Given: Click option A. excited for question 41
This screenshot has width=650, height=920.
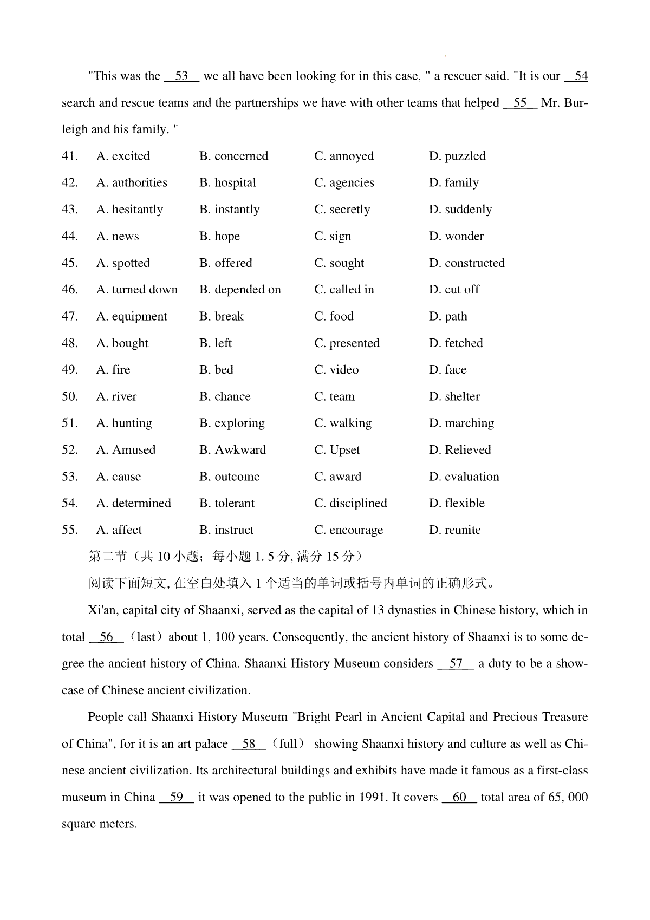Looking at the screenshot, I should [x=123, y=156].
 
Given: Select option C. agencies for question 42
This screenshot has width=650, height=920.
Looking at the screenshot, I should [x=344, y=183].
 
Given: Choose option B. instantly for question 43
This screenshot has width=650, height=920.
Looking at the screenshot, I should [x=229, y=210].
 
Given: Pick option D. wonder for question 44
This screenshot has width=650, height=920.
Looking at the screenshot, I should [x=456, y=237].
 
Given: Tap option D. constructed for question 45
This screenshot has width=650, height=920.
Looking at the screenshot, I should [x=466, y=263].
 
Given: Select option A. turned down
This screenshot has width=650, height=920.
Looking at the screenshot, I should [x=137, y=290].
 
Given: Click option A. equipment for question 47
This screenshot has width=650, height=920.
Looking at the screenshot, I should [x=132, y=317].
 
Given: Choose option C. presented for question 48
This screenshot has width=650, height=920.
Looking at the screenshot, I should [x=347, y=343].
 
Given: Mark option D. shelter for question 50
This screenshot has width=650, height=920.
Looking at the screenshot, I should [x=454, y=397].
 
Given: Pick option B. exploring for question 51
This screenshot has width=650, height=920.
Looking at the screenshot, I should [x=232, y=423].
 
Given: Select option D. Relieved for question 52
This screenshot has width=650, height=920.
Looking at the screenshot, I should [x=459, y=450].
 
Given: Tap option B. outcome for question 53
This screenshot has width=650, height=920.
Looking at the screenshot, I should [x=229, y=477].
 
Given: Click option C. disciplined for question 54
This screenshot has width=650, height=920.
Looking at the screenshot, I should [x=350, y=504].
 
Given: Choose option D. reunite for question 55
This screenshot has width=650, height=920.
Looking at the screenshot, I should [x=454, y=530].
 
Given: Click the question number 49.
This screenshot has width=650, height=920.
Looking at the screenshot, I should [x=69, y=370].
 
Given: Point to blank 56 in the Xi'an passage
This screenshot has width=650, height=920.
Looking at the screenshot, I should [x=107, y=637].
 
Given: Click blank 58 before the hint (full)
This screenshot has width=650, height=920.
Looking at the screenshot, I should [x=249, y=744].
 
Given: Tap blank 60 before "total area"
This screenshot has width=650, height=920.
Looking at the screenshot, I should [x=459, y=798].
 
